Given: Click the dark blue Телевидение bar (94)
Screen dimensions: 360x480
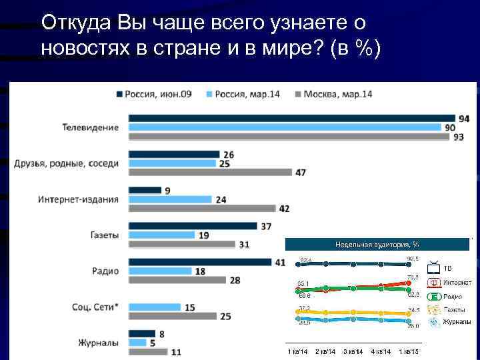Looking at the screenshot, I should pos(291,118).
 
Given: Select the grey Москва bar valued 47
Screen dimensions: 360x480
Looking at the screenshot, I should pos(210,172).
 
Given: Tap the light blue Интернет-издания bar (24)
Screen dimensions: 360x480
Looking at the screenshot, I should pos(170,199).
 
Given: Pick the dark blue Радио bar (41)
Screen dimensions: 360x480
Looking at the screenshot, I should pos(200,262).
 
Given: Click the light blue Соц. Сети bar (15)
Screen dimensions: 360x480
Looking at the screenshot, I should pos(155,307).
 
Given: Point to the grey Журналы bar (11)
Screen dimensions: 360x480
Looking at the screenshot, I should pos(148,352).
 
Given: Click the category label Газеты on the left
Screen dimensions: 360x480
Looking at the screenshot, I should pos(104,235).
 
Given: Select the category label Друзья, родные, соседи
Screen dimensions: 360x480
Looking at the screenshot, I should pos(67,163).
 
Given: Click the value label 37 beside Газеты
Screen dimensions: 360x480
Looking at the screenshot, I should pos(266,227).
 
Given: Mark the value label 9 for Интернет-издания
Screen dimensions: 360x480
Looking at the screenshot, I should pos(167,191).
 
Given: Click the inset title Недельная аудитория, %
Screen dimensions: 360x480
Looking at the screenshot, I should pos(377,245).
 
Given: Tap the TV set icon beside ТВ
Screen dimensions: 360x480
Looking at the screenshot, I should pos(434,268).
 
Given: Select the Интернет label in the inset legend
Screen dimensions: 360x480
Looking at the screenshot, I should pos(457,282).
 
